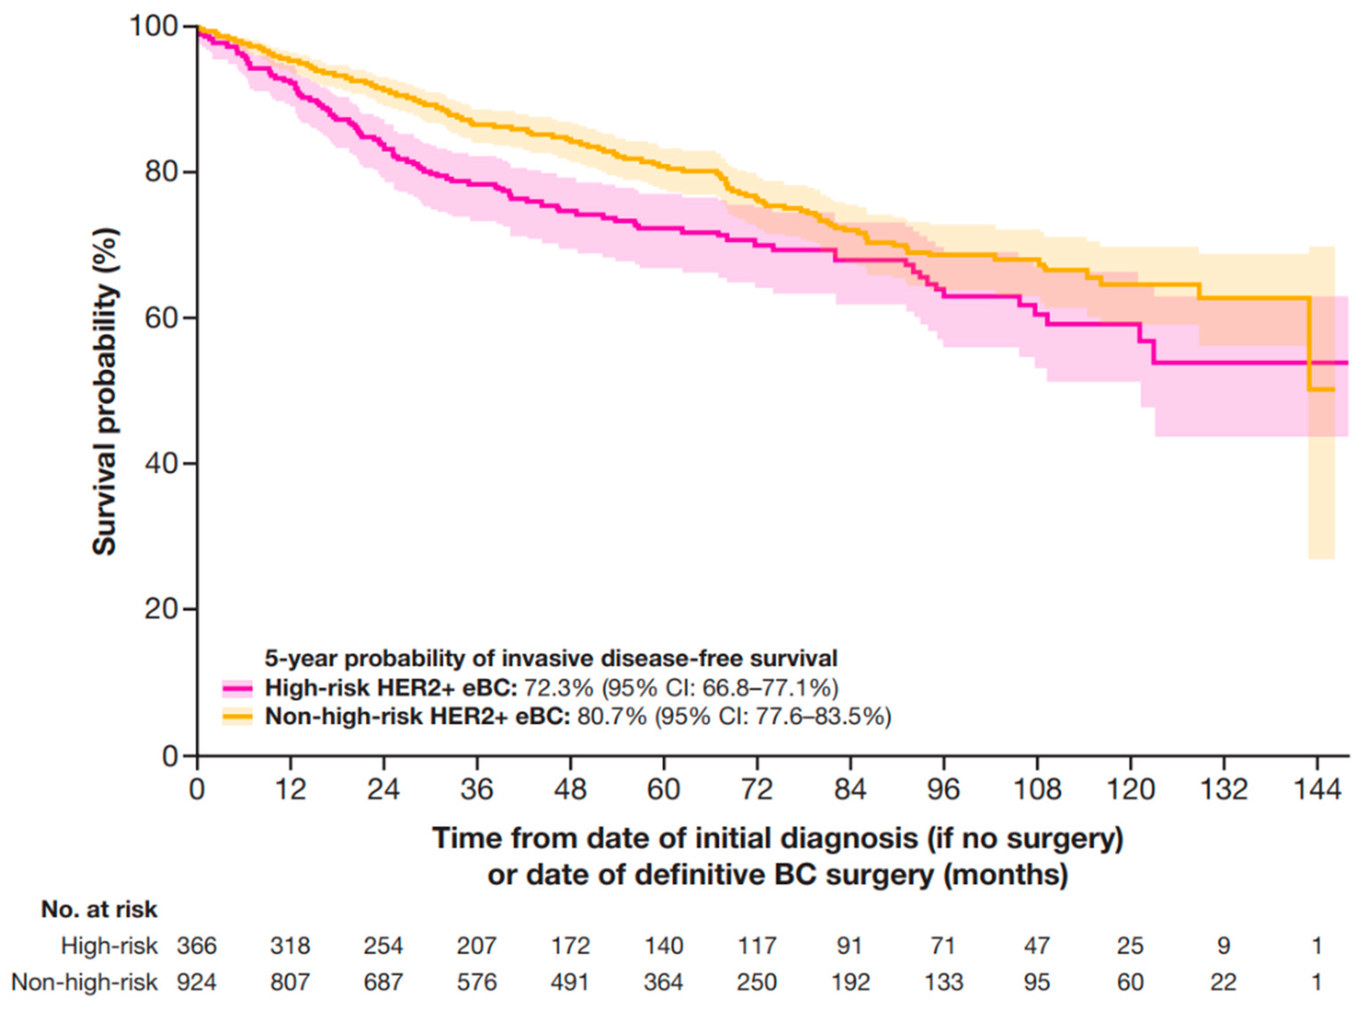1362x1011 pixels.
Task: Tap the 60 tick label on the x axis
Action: pyautogui.click(x=664, y=790)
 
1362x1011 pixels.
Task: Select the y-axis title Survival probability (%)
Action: pyautogui.click(x=105, y=392)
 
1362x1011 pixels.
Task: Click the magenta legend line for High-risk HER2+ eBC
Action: pyautogui.click(x=238, y=688)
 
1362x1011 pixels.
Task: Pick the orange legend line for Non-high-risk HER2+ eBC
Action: pyautogui.click(x=238, y=716)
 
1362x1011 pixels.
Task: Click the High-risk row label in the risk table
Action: pyautogui.click(x=109, y=946)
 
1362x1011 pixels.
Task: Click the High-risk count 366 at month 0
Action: pyautogui.click(x=197, y=946)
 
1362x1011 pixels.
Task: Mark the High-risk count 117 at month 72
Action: pyautogui.click(x=757, y=946)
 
